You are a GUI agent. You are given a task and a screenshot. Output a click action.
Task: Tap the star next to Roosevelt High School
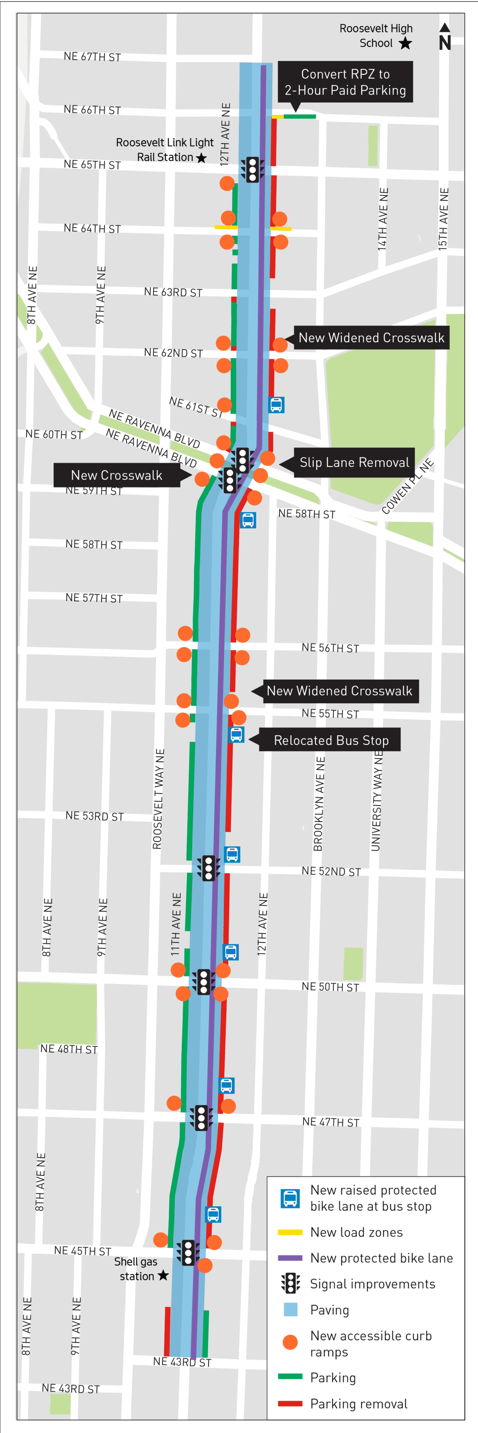405,43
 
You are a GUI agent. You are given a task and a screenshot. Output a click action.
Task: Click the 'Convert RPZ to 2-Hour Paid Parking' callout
345,82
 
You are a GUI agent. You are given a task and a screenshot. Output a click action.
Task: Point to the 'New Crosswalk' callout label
117,475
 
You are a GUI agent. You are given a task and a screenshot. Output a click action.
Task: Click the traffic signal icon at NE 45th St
188,1253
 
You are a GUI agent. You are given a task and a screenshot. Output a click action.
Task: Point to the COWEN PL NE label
407,487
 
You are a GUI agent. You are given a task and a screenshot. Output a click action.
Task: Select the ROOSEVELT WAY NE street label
158,799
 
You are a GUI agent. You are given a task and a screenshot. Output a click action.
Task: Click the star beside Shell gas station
163,1275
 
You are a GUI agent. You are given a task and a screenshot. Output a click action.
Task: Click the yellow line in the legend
290,1232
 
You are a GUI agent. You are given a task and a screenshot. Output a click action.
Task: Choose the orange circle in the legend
290,1342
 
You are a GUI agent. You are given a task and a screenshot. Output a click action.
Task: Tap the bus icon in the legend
290,1198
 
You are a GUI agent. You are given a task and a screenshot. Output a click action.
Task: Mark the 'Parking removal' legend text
358,1404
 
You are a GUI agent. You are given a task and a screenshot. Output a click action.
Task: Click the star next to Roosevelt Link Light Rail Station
201,158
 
